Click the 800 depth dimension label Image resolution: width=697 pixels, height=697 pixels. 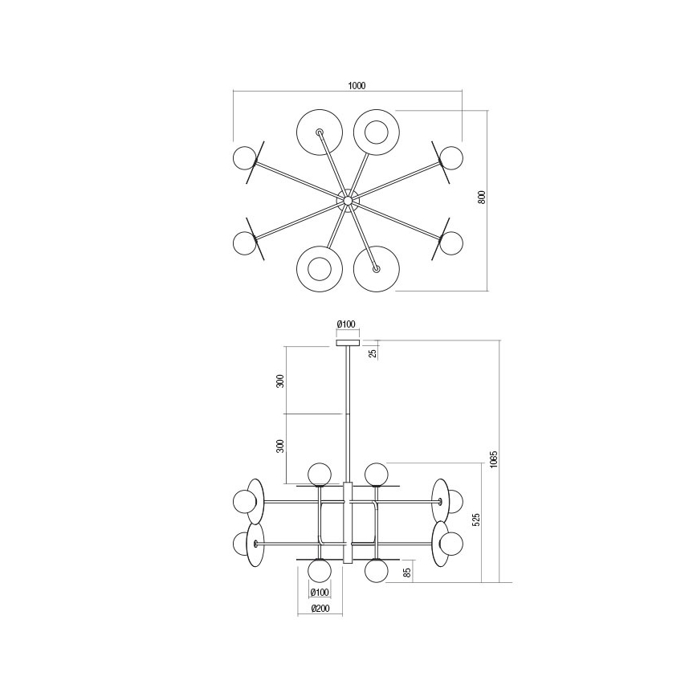coord(483,198)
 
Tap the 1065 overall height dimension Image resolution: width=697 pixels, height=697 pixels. coord(494,460)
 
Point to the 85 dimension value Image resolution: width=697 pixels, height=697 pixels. coord(407,573)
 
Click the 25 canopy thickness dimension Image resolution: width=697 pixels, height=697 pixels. coord(372,352)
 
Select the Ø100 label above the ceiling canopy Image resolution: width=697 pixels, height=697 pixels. coord(347,324)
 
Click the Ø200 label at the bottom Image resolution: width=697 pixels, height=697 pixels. coord(320,609)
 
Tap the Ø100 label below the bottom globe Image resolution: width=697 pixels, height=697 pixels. coord(320,593)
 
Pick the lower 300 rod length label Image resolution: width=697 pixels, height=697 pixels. coord(280,446)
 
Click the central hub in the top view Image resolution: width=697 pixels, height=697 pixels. coord(348,198)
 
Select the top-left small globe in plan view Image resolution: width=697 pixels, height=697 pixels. coord(243,157)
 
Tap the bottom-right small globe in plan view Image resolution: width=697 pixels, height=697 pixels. coord(452,243)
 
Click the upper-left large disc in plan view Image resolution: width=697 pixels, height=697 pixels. coord(320,132)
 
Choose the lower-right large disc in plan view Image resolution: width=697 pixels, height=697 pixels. coord(376,269)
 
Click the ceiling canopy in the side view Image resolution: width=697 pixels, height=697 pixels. coord(348,344)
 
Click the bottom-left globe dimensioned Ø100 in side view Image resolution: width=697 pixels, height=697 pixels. coord(320,571)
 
